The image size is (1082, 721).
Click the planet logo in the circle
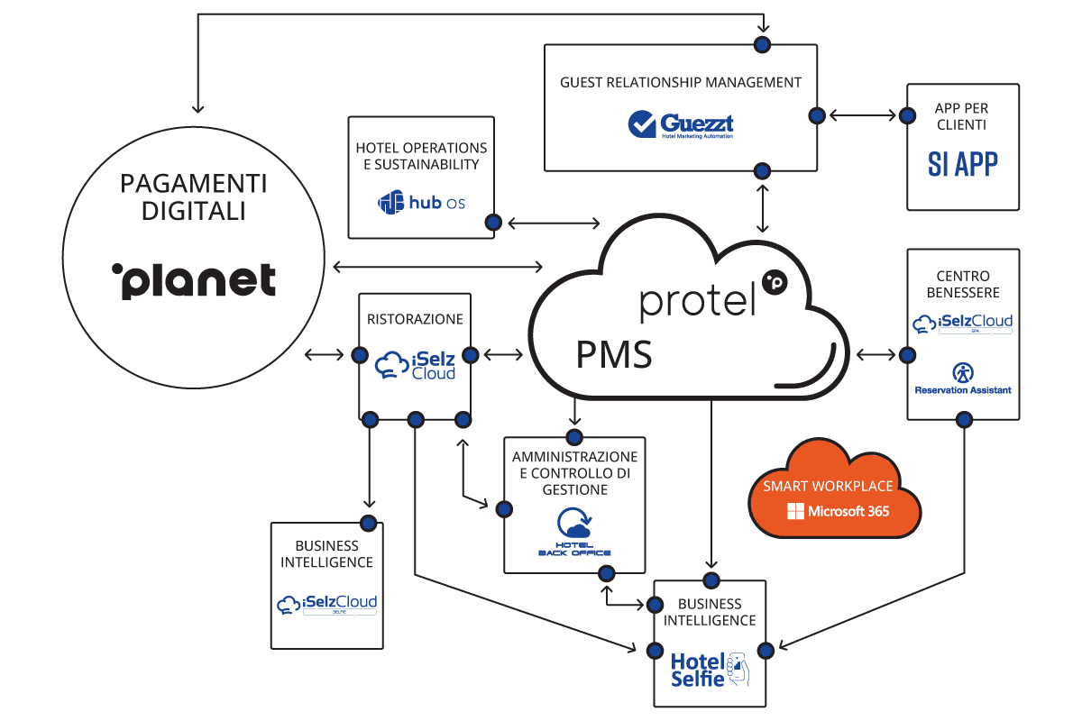[194, 281]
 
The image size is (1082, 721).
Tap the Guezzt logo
[681, 124]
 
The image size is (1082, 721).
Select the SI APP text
[963, 163]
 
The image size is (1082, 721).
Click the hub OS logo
[421, 203]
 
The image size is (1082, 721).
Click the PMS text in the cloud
[614, 355]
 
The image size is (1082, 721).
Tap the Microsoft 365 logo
[838, 512]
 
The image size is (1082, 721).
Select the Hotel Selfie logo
[709, 669]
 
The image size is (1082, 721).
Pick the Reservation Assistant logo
[963, 379]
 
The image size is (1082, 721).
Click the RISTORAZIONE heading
[415, 319]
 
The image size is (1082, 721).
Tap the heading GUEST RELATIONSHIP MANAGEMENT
[681, 82]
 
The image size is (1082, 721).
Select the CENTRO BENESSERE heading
[963, 284]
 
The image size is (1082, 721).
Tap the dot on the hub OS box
[493, 222]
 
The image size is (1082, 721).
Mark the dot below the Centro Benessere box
[964, 419]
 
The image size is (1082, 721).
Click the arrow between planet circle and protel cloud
[437, 266]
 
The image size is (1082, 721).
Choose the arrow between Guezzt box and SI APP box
[862, 115]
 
